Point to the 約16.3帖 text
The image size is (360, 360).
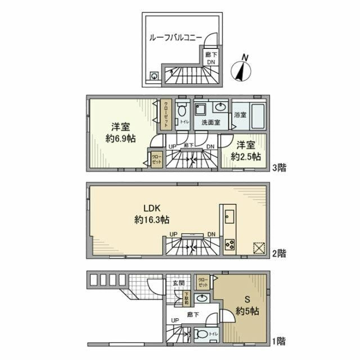coord(152,219)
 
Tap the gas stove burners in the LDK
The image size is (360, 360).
coord(230,244)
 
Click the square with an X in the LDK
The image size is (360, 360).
coord(258,247)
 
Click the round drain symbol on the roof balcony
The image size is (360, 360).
coord(154,76)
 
